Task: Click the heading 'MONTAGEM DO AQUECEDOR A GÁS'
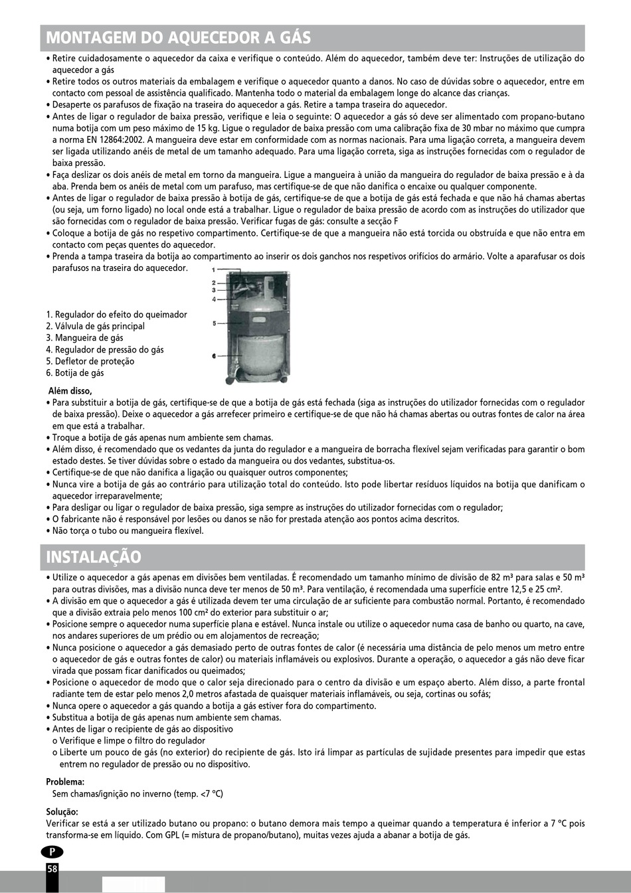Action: (178, 37)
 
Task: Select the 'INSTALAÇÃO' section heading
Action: (94, 556)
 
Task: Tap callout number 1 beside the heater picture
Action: (213, 270)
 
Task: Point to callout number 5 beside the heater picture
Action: (214, 323)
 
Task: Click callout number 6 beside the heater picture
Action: (214, 357)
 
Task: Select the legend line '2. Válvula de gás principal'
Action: (96, 326)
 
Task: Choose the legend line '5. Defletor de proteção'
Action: (90, 361)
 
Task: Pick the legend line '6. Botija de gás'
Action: (75, 372)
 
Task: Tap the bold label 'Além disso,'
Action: (70, 391)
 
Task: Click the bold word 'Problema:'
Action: (65, 781)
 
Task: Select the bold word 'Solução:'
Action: (62, 811)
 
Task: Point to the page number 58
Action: (52, 868)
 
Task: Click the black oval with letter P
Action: (52, 852)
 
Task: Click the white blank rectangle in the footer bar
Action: (133, 884)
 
